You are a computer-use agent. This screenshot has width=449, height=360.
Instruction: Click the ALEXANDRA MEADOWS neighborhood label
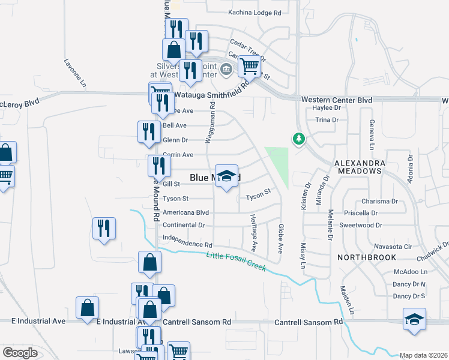coord(358,167)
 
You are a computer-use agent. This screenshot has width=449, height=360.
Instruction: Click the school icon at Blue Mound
coord(226,176)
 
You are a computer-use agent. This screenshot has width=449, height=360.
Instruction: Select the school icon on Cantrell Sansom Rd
coord(415,319)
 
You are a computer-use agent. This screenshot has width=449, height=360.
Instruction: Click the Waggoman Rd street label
coord(211,122)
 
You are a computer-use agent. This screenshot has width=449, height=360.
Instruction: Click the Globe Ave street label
coord(280,239)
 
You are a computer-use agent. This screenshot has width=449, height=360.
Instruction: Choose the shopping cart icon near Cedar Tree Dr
coord(249,66)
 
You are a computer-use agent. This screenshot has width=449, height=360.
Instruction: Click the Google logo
coord(20,352)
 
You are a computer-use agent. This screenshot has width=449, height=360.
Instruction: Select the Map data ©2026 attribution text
coord(423,355)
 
